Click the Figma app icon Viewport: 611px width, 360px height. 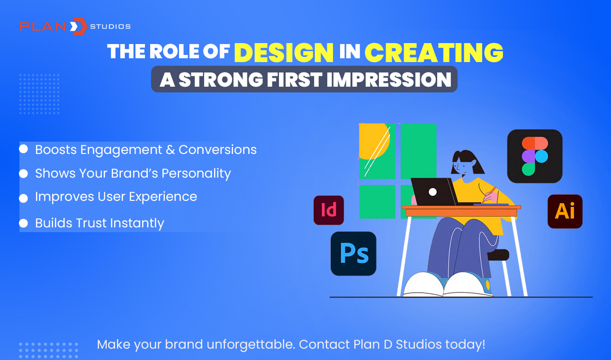coord(535,156)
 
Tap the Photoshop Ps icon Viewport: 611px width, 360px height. coord(353,253)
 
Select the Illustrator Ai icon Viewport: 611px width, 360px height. coord(565,211)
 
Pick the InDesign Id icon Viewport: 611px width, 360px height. coord(329,210)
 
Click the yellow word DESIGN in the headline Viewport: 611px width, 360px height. coord(284,53)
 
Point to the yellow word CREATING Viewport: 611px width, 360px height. coord(434,53)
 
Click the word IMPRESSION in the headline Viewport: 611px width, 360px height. coord(389,80)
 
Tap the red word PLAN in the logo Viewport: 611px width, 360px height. coord(43,27)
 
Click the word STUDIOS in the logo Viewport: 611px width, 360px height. coord(110,27)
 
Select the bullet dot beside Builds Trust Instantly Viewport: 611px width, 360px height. coord(24,223)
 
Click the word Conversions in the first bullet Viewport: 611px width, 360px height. coord(217,150)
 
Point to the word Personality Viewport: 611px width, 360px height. coord(196,174)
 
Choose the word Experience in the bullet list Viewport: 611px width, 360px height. coord(163,197)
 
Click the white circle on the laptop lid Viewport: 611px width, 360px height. coord(432,192)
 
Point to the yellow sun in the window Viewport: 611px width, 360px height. coord(374,141)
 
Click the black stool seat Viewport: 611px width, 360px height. coord(499,255)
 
